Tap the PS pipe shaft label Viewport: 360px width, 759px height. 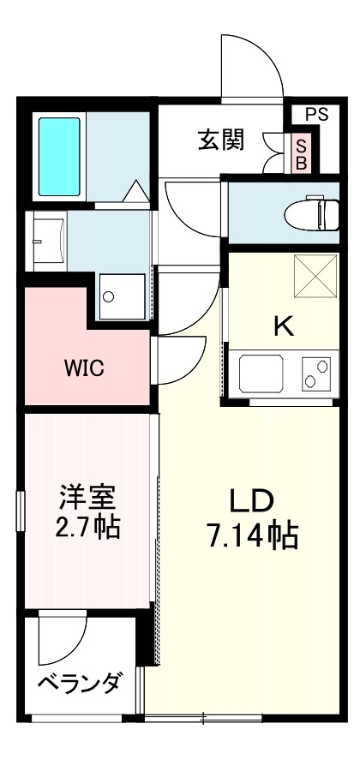click(x=315, y=113)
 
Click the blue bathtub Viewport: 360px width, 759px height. click(x=59, y=155)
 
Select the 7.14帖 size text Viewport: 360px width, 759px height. click(x=252, y=537)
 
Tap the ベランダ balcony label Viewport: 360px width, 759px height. click(x=78, y=684)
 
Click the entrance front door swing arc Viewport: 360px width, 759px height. click(x=253, y=64)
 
